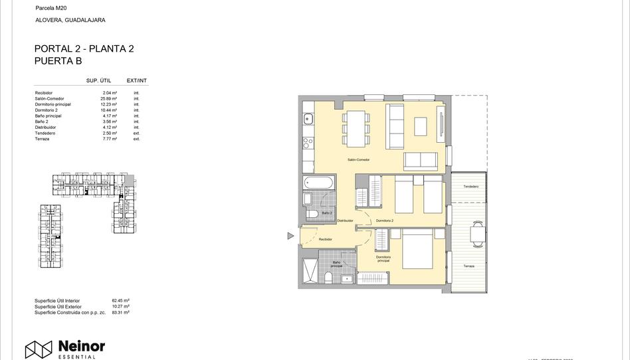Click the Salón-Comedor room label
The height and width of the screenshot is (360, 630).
[x=358, y=160]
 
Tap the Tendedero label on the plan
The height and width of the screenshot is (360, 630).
[x=471, y=187]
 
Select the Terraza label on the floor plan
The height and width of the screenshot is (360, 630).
[x=469, y=266]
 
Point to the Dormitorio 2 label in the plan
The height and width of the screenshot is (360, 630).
[x=384, y=221]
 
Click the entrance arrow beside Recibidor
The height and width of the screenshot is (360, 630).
[x=290, y=236]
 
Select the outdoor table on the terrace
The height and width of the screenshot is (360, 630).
[x=477, y=233]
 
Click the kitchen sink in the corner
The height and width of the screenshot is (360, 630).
[x=308, y=120]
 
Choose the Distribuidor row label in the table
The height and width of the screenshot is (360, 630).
[x=46, y=128]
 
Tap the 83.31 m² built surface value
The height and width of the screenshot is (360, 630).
[x=121, y=312]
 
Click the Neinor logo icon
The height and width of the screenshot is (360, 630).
[x=39, y=349]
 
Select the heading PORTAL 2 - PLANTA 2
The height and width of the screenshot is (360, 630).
[x=84, y=49]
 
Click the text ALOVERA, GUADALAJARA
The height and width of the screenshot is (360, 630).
[x=70, y=20]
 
